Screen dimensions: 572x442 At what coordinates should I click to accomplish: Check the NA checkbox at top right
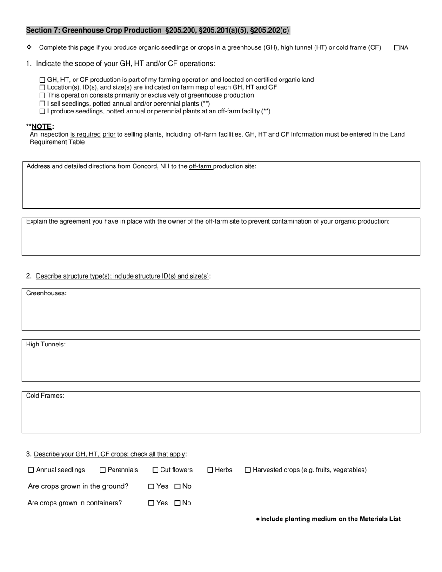click(396, 47)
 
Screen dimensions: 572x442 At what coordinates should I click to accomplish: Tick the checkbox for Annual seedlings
click(31, 470)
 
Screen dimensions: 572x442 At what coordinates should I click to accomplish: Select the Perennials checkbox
click(103, 470)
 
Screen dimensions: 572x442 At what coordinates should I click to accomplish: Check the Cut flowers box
click(155, 470)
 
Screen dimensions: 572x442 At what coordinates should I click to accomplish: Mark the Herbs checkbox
click(210, 470)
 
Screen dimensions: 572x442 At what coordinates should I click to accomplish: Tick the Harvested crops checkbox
click(248, 470)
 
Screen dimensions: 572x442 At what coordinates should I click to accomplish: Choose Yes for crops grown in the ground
click(151, 486)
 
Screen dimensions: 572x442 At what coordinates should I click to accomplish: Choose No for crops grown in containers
click(177, 503)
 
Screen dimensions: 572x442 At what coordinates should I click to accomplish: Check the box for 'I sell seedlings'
click(42, 104)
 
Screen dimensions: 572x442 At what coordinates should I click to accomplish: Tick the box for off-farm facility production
click(42, 112)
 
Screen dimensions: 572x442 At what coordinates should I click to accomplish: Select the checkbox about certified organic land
click(42, 80)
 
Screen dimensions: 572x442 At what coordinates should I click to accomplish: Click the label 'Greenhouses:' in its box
click(46, 293)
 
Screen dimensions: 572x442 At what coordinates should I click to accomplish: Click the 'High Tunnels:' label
click(46, 345)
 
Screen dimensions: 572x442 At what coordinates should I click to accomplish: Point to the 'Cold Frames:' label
click(45, 396)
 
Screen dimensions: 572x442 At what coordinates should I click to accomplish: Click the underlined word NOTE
click(42, 126)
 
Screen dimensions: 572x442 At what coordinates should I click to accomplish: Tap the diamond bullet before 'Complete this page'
click(29, 47)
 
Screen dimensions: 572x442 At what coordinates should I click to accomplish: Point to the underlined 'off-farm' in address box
click(201, 166)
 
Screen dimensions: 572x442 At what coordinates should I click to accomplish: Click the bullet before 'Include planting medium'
click(258, 519)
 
